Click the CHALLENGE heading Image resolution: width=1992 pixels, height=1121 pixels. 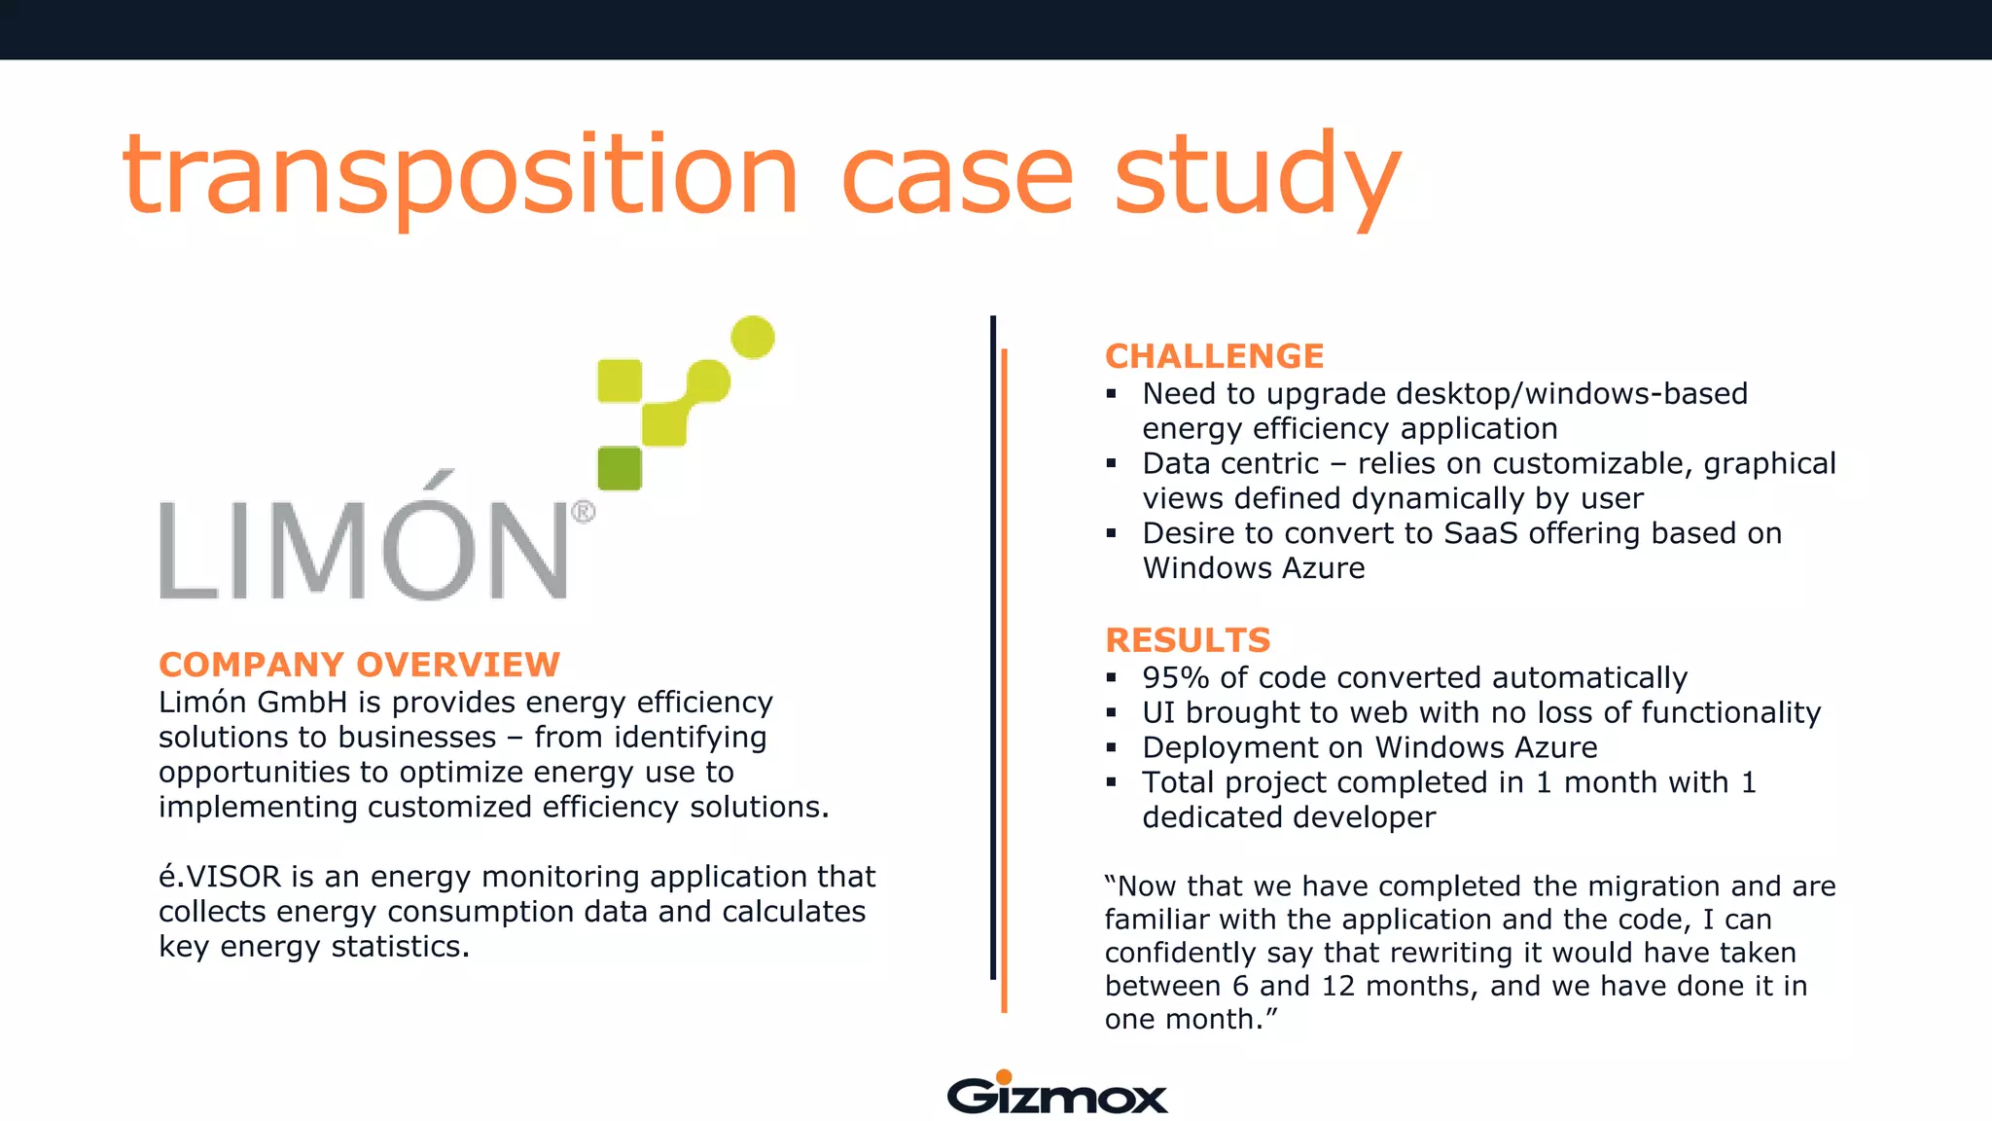coord(1214,356)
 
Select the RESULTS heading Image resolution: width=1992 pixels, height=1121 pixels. coord(1188,640)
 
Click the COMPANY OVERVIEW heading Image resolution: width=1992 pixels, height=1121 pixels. coord(359,665)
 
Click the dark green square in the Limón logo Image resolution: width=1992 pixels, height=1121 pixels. coord(620,468)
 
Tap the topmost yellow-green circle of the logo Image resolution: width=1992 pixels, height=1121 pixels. coord(752,338)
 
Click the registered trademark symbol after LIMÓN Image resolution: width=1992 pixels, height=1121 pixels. coord(583,512)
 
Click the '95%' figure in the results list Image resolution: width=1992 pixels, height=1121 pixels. coord(1176,678)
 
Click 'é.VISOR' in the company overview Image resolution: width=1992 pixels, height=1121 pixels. coord(220,877)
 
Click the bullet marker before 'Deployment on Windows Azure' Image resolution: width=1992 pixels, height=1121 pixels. coord(1112,747)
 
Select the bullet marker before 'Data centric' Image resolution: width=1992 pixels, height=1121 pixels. coord(1112,463)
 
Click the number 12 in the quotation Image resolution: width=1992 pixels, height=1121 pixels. coord(1337,987)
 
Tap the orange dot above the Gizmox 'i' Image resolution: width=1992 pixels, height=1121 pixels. coord(1004,1076)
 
